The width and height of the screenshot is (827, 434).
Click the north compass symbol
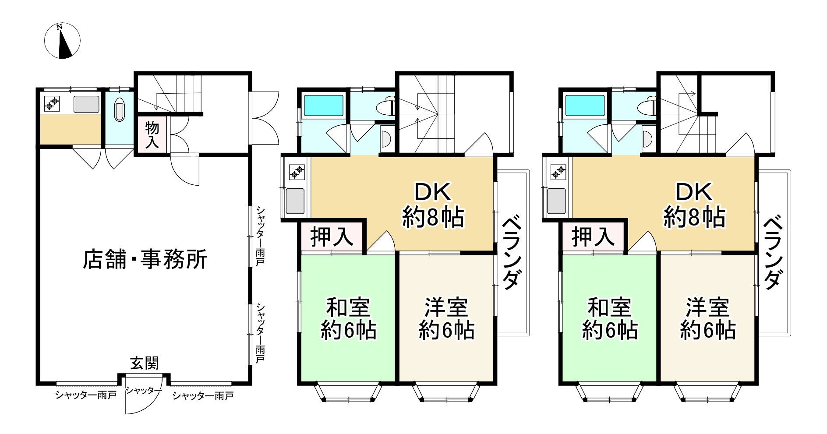click(63, 41)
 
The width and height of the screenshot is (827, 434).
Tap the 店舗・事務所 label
click(145, 259)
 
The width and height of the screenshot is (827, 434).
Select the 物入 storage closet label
click(152, 135)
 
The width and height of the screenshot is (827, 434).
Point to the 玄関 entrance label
click(144, 363)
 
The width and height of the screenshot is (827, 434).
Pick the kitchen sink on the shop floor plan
click(86, 104)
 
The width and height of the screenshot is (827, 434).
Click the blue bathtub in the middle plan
click(324, 106)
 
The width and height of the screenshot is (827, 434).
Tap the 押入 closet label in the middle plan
click(332, 237)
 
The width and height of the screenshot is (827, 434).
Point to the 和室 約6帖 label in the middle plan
click(348, 319)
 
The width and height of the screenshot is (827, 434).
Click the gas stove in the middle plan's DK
click(297, 172)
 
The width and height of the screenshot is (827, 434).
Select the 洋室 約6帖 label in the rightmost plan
click(707, 319)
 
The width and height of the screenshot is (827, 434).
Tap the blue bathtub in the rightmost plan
click(585, 106)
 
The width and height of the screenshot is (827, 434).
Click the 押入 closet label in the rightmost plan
click(593, 237)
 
